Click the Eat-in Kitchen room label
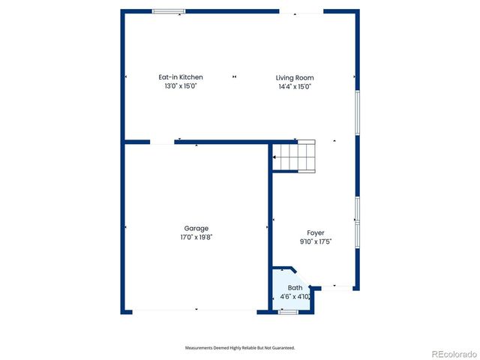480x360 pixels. pyautogui.click(x=180, y=77)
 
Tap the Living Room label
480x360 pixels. pyautogui.click(x=295, y=78)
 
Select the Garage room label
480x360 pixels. pyautogui.click(x=196, y=229)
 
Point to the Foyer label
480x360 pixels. pyautogui.click(x=316, y=232)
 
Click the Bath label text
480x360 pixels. pyautogui.click(x=295, y=288)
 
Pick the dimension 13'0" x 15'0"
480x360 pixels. pyautogui.click(x=180, y=86)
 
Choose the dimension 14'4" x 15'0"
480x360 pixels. pyautogui.click(x=295, y=87)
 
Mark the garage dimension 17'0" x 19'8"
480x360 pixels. pyautogui.click(x=196, y=238)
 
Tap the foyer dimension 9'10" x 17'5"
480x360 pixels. pyautogui.click(x=316, y=241)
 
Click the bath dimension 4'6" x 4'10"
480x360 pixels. pyautogui.click(x=295, y=297)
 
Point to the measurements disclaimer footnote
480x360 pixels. pyautogui.click(x=240, y=348)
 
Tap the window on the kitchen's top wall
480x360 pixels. pyautogui.click(x=169, y=11)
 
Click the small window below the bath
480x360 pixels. pyautogui.click(x=288, y=311)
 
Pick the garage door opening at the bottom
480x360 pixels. pyautogui.click(x=196, y=310)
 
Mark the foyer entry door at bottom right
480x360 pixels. pyautogui.click(x=338, y=286)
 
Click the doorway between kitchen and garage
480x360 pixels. pyautogui.click(x=162, y=142)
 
